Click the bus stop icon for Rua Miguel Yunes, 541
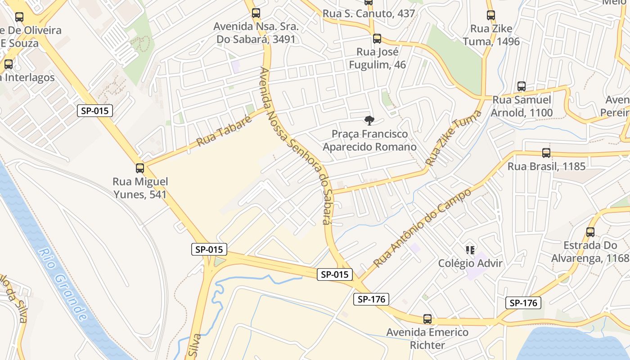tap(140, 168)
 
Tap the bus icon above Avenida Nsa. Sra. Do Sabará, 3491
tap(256, 13)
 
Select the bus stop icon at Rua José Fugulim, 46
tap(377, 39)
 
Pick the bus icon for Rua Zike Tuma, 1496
tap(491, 15)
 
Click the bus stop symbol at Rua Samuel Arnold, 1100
tap(522, 86)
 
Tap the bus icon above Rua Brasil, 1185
tap(546, 153)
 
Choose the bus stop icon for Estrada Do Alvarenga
tap(590, 232)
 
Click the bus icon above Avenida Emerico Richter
tap(427, 319)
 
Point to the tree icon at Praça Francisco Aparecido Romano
tap(369, 120)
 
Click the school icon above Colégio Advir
tap(470, 250)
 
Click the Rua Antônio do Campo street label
tap(423, 228)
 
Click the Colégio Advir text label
tap(470, 263)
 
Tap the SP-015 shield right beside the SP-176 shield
tap(335, 274)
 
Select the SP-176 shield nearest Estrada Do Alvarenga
tap(523, 303)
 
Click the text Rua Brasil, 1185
tap(546, 166)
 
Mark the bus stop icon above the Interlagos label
tap(9, 64)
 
